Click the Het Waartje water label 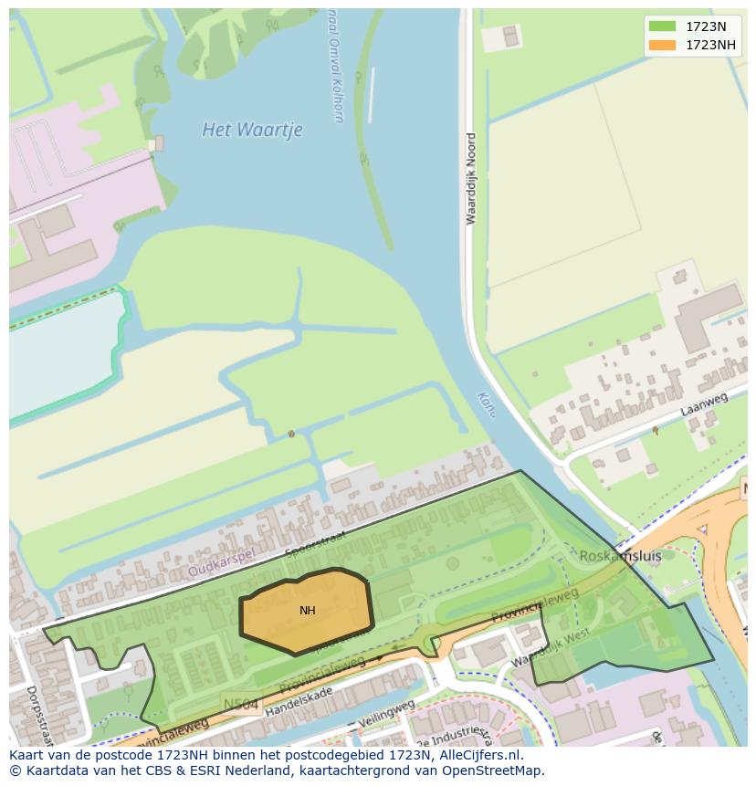point(252,130)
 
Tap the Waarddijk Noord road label point(471,179)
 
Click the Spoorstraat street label point(315,544)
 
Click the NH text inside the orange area point(308,611)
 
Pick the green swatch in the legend point(662,27)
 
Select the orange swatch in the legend point(662,45)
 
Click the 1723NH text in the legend point(712,45)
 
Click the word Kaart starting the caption point(26,756)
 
